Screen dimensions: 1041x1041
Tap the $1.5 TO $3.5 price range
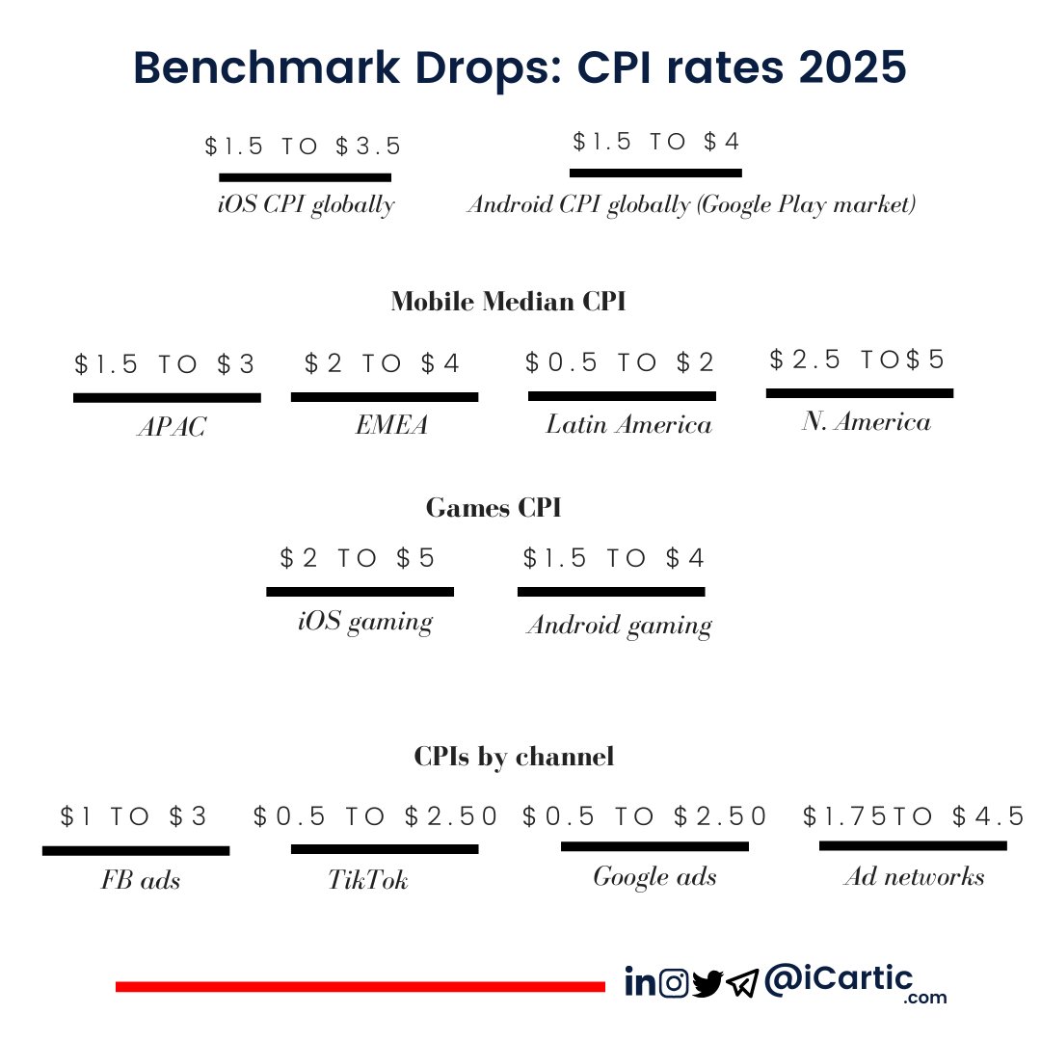point(304,147)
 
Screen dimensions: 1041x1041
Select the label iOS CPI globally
point(307,205)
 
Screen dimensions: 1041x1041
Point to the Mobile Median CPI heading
point(508,302)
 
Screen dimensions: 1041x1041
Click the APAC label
point(172,427)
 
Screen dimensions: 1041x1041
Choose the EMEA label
point(391,425)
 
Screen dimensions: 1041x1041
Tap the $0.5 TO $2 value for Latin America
point(621,362)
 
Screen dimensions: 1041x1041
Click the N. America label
point(866,421)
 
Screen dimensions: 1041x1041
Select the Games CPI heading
point(494,508)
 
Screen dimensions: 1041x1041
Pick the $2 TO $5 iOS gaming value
point(359,558)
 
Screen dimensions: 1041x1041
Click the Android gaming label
point(619,626)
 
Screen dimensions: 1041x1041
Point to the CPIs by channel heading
point(514,757)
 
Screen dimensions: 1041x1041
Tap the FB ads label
point(141,880)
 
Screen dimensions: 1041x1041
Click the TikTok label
point(368,880)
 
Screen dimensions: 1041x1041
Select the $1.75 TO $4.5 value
point(914,817)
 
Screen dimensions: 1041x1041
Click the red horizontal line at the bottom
point(360,986)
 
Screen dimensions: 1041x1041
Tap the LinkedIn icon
point(639,982)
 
